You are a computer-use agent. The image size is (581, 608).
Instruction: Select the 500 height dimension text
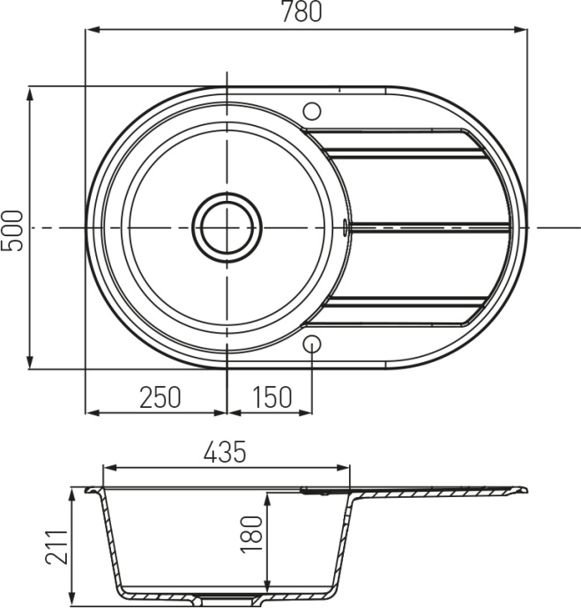coord(12,230)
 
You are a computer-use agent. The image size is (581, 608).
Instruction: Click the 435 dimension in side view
coord(225,452)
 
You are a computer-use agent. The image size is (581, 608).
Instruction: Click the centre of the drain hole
coord(227,227)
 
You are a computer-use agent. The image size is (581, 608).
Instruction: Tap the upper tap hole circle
coord(312,111)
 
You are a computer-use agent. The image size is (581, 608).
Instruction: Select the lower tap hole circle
coord(312,345)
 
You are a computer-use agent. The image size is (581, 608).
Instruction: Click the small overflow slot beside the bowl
coord(344,227)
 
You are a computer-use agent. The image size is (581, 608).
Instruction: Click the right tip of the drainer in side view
coord(526,487)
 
